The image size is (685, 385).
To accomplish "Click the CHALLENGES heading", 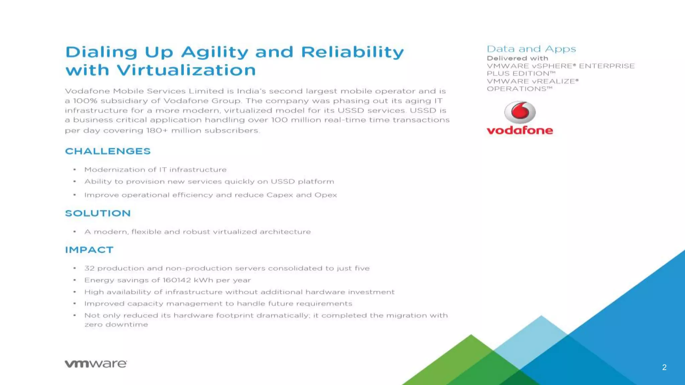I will coord(108,151).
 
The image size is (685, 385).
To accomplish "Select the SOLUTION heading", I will coord(98,213).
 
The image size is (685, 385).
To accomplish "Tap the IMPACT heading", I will coord(89,250).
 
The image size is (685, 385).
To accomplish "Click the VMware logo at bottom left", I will coord(96,364).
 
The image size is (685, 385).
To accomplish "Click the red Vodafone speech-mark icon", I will coord(520,112).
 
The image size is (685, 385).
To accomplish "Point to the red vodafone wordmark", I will coord(520,130).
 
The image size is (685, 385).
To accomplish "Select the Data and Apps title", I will coord(531,49).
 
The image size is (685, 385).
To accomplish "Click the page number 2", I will coord(664,367).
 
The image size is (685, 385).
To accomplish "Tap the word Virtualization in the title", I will coord(186,70).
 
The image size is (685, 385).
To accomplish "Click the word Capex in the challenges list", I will coord(280,195).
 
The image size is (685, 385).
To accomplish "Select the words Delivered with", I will coord(517,58).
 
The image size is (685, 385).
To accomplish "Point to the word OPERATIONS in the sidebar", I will coord(516,89).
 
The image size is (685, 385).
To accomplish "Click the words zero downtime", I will coord(116,325).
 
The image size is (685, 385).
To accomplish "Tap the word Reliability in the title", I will coord(352,52).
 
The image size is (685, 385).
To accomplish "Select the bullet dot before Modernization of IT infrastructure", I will coord(75,170).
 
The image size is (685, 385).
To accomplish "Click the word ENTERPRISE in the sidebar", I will coord(607,66).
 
